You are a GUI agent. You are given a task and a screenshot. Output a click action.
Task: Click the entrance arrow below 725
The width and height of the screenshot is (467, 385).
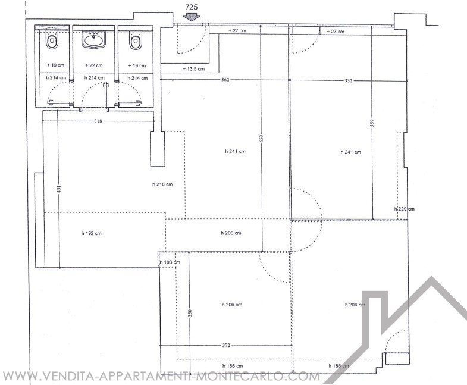point(191,17)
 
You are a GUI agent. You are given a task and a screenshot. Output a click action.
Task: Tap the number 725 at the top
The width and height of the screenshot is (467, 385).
point(191,7)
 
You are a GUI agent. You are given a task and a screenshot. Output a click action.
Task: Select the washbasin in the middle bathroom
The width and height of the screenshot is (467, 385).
point(93,40)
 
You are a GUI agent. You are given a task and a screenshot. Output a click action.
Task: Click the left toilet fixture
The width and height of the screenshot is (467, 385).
point(52,42)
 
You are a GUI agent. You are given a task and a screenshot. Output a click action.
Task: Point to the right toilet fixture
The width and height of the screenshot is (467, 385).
point(135,42)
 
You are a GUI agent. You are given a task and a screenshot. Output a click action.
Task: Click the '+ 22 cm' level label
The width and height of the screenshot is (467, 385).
point(94,65)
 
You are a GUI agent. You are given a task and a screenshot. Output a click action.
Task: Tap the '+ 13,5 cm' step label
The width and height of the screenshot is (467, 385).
point(193,69)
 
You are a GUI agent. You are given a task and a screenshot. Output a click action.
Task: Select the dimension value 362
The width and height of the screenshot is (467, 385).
point(225,80)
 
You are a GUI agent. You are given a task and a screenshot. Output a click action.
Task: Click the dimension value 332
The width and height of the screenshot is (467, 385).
point(348,80)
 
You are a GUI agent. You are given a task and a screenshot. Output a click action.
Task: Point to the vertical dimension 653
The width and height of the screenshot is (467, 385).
point(262,139)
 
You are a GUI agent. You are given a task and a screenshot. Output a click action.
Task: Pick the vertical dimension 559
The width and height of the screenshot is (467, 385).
point(372,123)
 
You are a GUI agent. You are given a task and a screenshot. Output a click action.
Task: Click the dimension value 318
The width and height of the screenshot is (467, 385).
point(98,121)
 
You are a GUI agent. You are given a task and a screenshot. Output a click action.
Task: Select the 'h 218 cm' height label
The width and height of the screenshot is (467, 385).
point(162,184)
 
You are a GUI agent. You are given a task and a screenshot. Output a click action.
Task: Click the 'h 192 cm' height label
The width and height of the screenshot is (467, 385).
point(92,233)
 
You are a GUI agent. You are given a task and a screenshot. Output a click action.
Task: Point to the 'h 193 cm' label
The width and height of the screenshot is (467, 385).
point(170,262)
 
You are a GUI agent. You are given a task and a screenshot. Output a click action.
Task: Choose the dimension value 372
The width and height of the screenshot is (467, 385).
point(226,345)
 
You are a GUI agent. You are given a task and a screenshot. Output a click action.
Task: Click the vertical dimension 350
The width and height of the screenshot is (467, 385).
point(190,313)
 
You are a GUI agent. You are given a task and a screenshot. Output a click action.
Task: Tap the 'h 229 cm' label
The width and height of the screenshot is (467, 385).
point(404,209)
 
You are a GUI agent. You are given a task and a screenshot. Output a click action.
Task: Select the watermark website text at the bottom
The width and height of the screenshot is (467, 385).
point(161,376)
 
